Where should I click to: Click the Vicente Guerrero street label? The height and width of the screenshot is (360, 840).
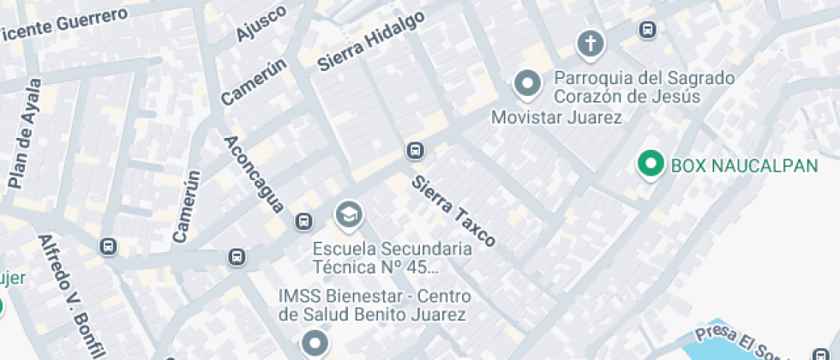click(64, 23)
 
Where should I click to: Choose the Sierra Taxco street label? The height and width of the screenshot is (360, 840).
click(453, 211)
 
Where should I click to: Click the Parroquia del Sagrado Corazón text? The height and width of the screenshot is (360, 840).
click(644, 87)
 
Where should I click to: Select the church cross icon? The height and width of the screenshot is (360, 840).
click(589, 44)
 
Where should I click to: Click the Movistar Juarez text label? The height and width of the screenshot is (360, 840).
click(556, 117)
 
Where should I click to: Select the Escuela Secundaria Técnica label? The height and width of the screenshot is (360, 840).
click(392, 257)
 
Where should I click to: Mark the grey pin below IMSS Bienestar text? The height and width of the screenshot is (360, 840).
click(315, 345)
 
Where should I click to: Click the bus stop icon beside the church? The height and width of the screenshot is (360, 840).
click(648, 30)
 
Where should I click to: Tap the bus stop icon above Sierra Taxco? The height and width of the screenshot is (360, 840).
click(415, 151)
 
